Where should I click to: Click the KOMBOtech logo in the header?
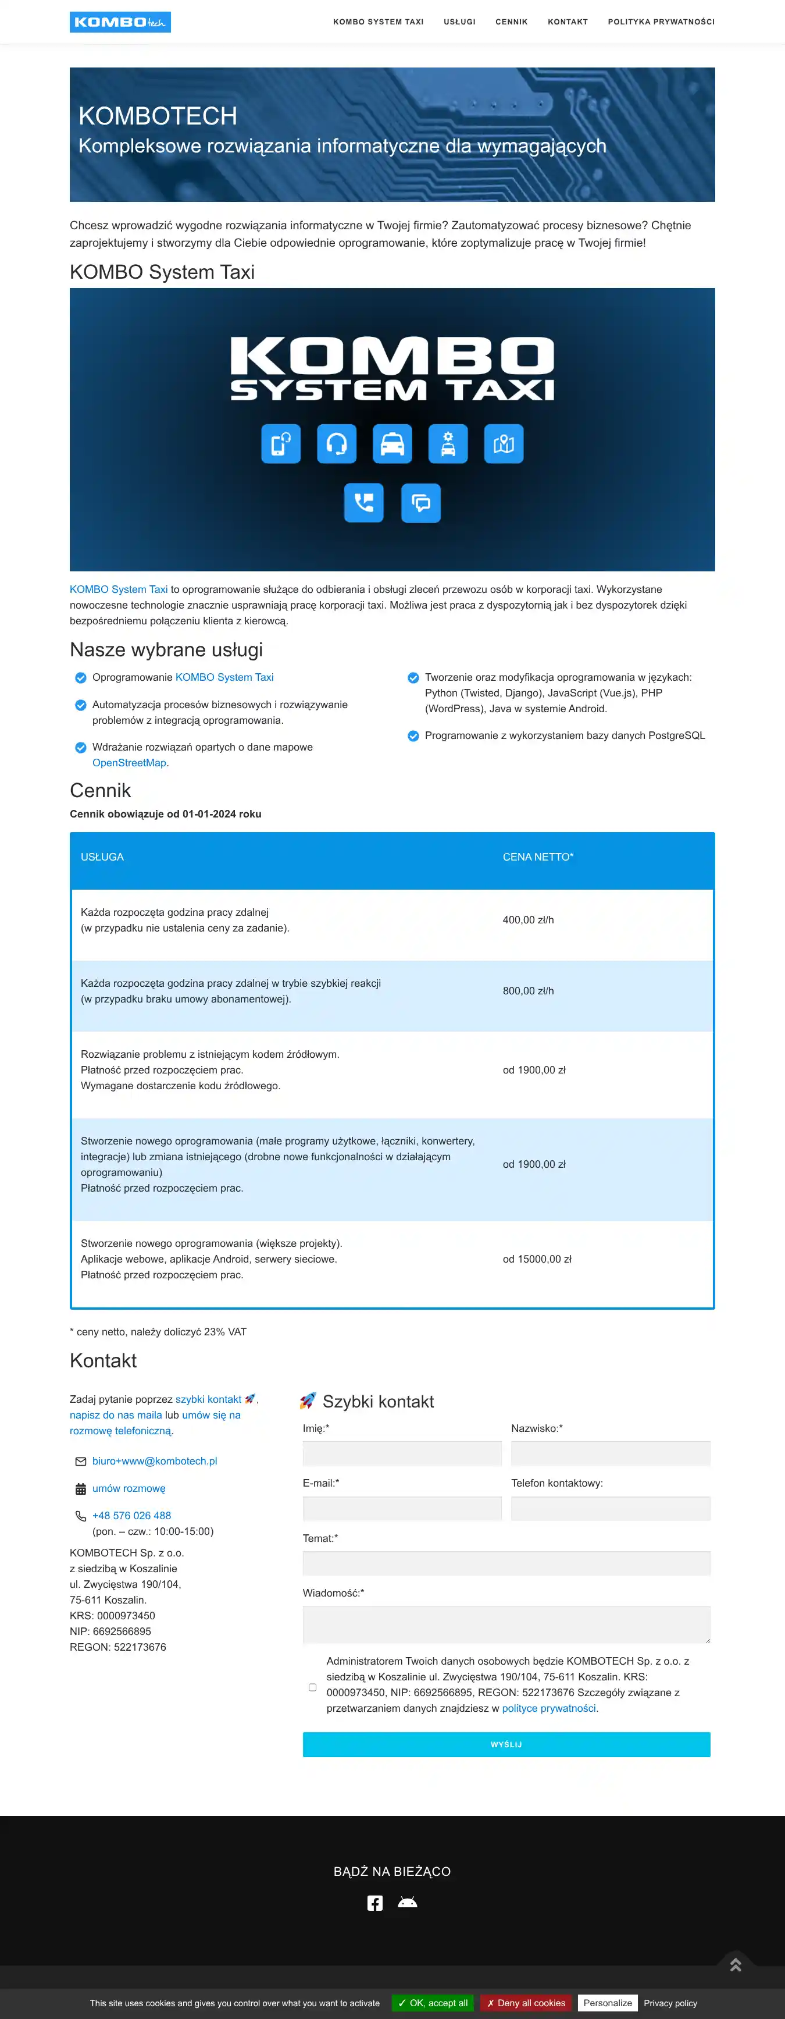coord(120,22)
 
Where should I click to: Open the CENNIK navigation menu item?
coord(511,22)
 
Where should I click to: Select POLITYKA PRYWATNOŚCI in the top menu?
coord(661,22)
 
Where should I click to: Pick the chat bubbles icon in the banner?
coord(421,502)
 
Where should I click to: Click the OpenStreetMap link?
coord(129,763)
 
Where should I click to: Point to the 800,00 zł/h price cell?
coord(528,991)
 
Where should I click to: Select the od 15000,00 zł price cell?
coord(537,1259)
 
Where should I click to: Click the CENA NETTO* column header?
coord(537,856)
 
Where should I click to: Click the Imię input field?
coord(402,1453)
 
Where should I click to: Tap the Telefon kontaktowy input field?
coord(611,1508)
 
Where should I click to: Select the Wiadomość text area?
coord(506,1624)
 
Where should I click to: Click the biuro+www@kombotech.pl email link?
coord(154,1461)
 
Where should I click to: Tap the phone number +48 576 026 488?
coord(131,1515)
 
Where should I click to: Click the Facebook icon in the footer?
coord(375,1903)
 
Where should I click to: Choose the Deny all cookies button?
coord(526,2003)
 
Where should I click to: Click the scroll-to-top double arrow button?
coord(736,1965)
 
